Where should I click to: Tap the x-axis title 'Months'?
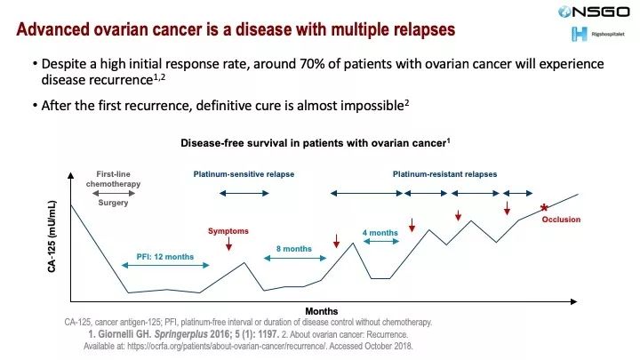(321, 310)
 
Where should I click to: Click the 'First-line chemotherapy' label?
(113, 180)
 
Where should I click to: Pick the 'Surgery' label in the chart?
(113, 203)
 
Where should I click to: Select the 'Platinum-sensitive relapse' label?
(244, 174)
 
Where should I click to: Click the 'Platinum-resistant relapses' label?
(444, 174)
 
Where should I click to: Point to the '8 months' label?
(293, 250)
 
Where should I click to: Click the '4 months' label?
(380, 233)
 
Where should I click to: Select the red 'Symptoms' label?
(228, 231)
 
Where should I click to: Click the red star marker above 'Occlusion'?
(544, 208)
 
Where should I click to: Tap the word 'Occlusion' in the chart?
(561, 220)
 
